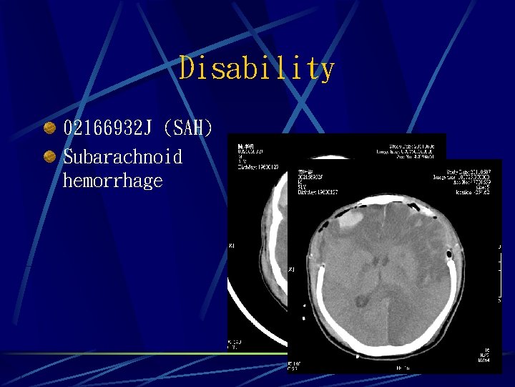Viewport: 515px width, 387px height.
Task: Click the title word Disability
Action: tap(257, 69)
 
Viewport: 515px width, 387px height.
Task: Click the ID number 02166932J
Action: tap(108, 129)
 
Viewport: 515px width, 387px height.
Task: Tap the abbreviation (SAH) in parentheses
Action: tap(188, 129)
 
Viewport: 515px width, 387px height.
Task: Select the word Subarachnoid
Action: tap(122, 156)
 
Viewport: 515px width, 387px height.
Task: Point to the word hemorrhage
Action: tap(112, 181)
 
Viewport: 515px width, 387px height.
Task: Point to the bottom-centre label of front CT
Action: tap(401, 368)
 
